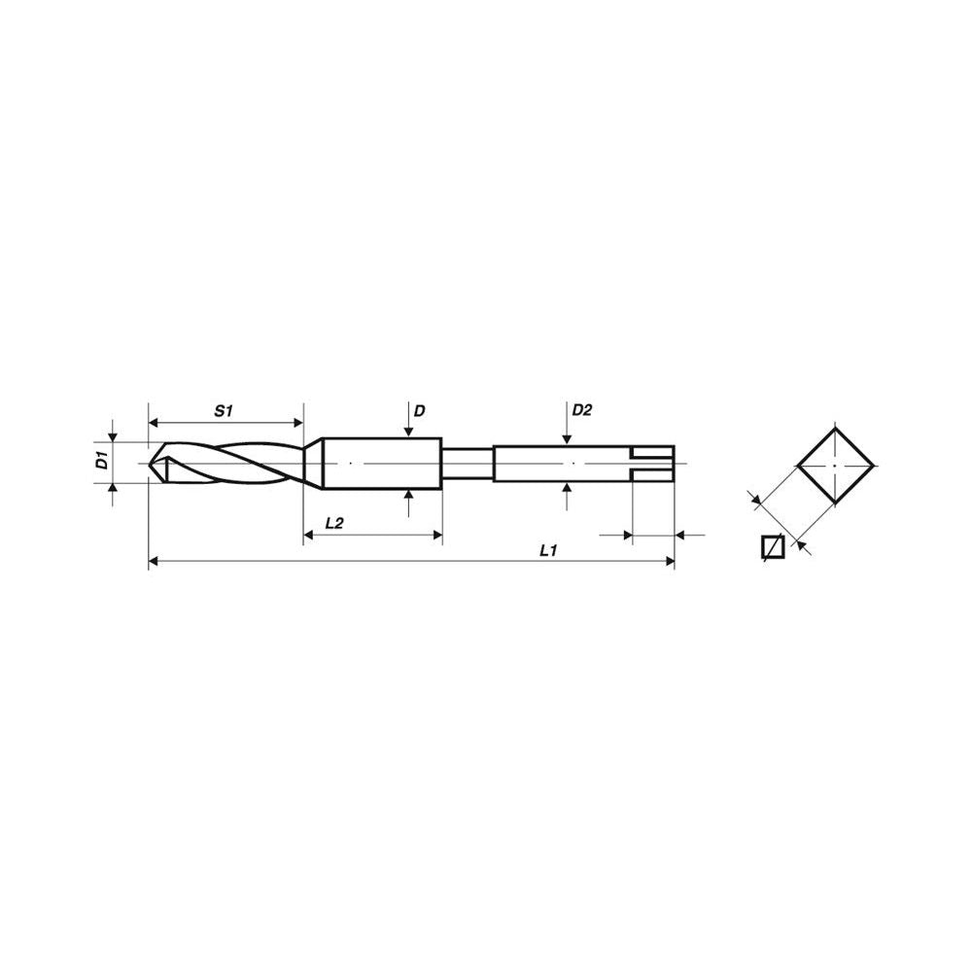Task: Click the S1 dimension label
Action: [225, 411]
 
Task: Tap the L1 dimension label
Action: [547, 550]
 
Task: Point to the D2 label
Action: [581, 410]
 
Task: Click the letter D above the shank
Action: [419, 411]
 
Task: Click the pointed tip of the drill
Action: [152, 464]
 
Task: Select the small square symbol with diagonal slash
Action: [773, 548]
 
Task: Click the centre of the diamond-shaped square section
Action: [835, 465]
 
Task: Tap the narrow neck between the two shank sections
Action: [468, 464]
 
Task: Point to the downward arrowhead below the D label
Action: [408, 432]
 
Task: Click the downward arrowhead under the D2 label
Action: [567, 438]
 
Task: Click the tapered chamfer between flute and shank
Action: [313, 461]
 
